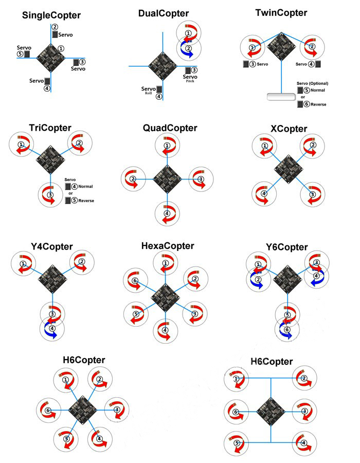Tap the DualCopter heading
click(164, 13)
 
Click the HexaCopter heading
click(168, 246)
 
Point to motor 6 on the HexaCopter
click(135, 281)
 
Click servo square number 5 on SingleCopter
click(27, 54)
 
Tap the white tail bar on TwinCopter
click(280, 97)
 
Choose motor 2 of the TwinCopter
click(311, 47)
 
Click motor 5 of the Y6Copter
click(288, 315)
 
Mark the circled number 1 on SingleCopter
click(61, 48)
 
